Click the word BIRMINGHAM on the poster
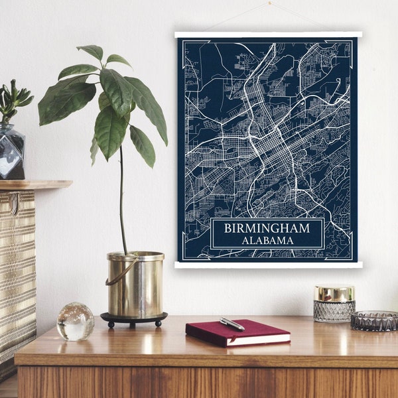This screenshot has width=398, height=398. coord(267,228)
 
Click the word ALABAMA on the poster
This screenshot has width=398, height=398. coord(267,240)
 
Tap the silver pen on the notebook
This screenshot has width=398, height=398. coord(232,324)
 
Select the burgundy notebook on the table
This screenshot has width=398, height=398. coord(237,333)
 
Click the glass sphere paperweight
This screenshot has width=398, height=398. coord(76,322)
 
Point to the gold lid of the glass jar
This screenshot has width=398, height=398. coord(334,293)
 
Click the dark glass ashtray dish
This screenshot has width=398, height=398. coord(373,320)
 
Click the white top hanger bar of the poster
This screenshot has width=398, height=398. coord(268,34)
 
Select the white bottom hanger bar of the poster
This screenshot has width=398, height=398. coord(268,265)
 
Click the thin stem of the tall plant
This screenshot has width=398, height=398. coord(121,199)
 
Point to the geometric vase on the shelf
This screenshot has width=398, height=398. coord(11,153)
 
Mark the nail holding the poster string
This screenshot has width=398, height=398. coord(269,3)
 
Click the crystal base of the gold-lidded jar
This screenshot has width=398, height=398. coord(334,311)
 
